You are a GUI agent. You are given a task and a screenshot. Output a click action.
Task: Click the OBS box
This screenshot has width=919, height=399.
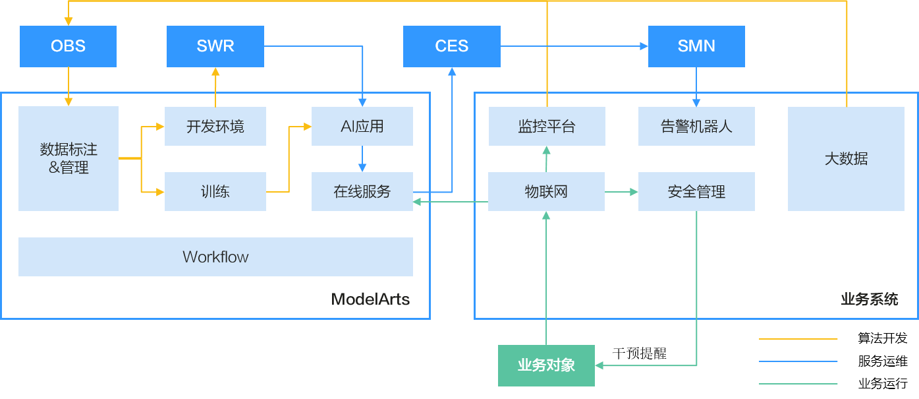click(68, 46)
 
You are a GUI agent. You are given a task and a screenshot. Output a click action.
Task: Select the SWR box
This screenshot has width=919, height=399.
click(215, 46)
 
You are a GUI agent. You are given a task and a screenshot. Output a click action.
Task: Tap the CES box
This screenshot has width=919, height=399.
click(452, 46)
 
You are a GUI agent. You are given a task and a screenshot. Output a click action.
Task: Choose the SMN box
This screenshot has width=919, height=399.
click(696, 46)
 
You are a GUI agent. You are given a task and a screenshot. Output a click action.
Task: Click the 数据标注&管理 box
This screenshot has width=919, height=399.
click(69, 158)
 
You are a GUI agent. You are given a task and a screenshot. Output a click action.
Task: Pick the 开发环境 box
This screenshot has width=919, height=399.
click(215, 126)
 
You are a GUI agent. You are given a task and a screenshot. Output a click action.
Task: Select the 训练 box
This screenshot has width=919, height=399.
click(215, 192)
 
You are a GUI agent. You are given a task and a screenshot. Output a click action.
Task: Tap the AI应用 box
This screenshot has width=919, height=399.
click(362, 126)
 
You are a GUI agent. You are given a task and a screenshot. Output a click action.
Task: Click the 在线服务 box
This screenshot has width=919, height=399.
click(362, 192)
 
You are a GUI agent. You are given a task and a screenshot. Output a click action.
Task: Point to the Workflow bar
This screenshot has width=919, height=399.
click(215, 257)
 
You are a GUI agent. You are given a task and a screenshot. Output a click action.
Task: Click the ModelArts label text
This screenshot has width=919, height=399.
click(370, 299)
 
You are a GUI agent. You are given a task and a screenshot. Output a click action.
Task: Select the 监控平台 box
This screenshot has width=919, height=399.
click(547, 126)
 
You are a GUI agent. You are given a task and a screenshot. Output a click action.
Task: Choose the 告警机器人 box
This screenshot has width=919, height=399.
click(696, 126)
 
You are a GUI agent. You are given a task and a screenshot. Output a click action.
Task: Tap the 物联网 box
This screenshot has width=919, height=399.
click(547, 192)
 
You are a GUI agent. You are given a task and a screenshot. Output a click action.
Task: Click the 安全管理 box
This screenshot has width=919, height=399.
click(696, 192)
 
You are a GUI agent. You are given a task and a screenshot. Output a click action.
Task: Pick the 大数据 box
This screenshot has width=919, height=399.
click(846, 158)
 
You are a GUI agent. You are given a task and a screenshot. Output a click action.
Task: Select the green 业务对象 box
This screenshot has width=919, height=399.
click(546, 365)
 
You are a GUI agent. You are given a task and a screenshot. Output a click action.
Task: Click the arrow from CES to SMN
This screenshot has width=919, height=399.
click(573, 46)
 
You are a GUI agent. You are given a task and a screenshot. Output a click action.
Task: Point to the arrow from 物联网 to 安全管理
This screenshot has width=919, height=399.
click(621, 192)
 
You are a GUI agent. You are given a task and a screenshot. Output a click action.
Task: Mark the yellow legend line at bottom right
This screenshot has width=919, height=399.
click(798, 339)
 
